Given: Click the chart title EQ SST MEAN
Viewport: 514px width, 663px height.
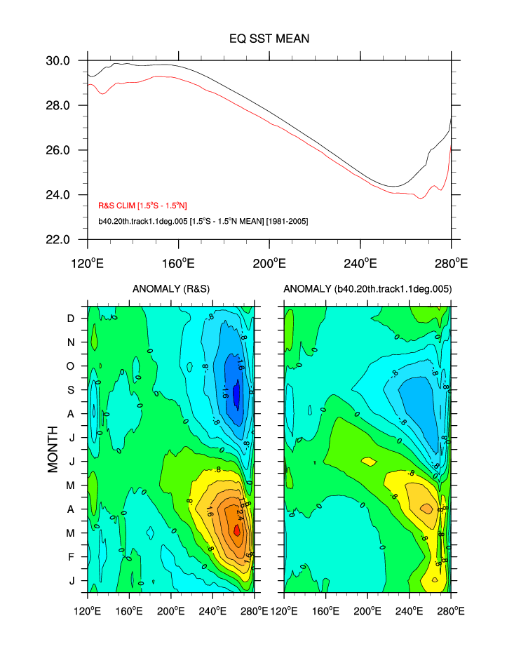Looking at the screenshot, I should (x=269, y=39).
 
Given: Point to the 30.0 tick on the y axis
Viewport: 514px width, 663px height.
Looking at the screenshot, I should (x=58, y=61).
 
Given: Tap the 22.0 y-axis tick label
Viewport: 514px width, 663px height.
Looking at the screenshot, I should (x=58, y=239).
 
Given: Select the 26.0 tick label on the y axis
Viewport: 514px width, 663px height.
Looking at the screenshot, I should (x=58, y=150).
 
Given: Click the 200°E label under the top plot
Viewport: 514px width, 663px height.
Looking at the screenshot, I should (x=269, y=264).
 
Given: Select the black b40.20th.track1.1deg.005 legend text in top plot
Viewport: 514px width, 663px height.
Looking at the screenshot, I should (x=203, y=221).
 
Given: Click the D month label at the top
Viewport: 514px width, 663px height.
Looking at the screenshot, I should (x=71, y=319).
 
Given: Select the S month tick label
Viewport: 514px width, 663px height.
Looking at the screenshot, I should (x=71, y=390).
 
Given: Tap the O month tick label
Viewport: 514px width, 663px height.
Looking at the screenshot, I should (x=71, y=366).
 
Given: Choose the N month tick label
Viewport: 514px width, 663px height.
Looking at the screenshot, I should (x=71, y=342).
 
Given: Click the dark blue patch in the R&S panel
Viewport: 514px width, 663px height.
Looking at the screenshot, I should (x=236, y=394).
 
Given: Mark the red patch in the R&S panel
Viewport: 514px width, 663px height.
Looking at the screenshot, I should (x=236, y=530).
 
